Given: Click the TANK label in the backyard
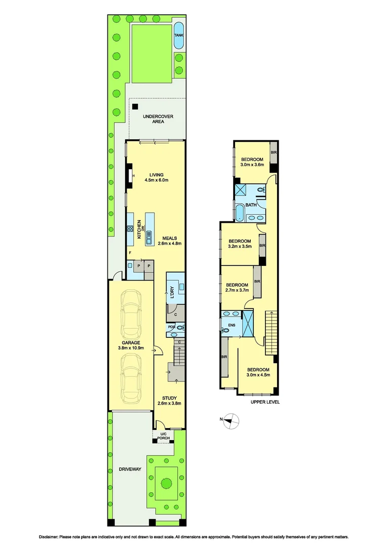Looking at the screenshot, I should (x=178, y=35).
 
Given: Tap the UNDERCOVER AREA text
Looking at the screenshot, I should (x=158, y=119).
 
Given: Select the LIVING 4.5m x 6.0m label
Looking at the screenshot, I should (x=156, y=177).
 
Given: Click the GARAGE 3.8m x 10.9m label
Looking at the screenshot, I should (x=131, y=345).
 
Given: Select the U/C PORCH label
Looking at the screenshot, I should (x=163, y=436).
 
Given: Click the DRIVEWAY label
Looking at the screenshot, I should (x=130, y=470).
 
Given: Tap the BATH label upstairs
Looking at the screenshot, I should (x=251, y=205).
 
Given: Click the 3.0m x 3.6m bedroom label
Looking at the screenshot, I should (x=252, y=162).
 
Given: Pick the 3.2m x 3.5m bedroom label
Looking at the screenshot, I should (x=240, y=244).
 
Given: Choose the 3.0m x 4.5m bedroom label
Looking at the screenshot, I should (x=258, y=372).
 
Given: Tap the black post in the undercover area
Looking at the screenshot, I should (x=135, y=106).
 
